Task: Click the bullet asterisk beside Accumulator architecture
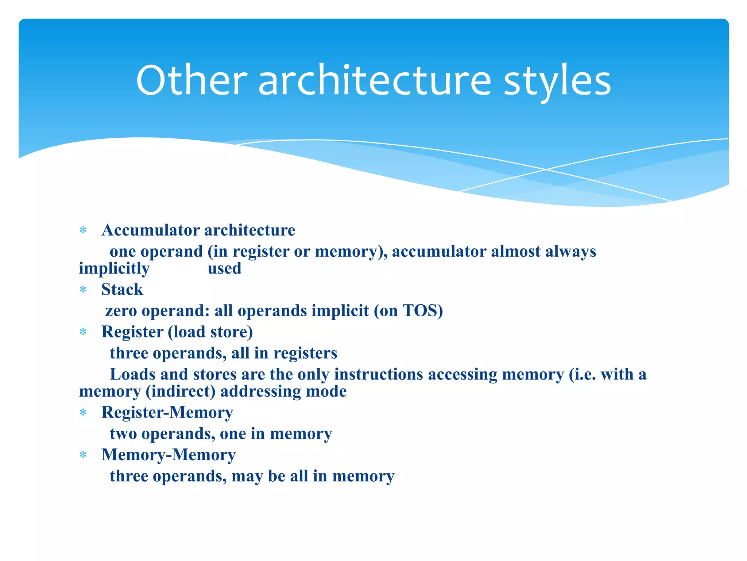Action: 83,230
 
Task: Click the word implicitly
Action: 114,269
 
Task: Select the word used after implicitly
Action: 224,268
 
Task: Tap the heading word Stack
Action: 122,290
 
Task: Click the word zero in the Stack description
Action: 121,311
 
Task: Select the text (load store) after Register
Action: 210,332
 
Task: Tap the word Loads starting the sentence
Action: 132,374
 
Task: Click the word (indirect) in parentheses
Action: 181,392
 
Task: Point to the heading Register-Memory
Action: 167,413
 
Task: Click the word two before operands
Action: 123,434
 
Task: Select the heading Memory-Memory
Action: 169,455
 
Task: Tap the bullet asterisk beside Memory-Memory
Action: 83,455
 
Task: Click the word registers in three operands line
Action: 305,353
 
